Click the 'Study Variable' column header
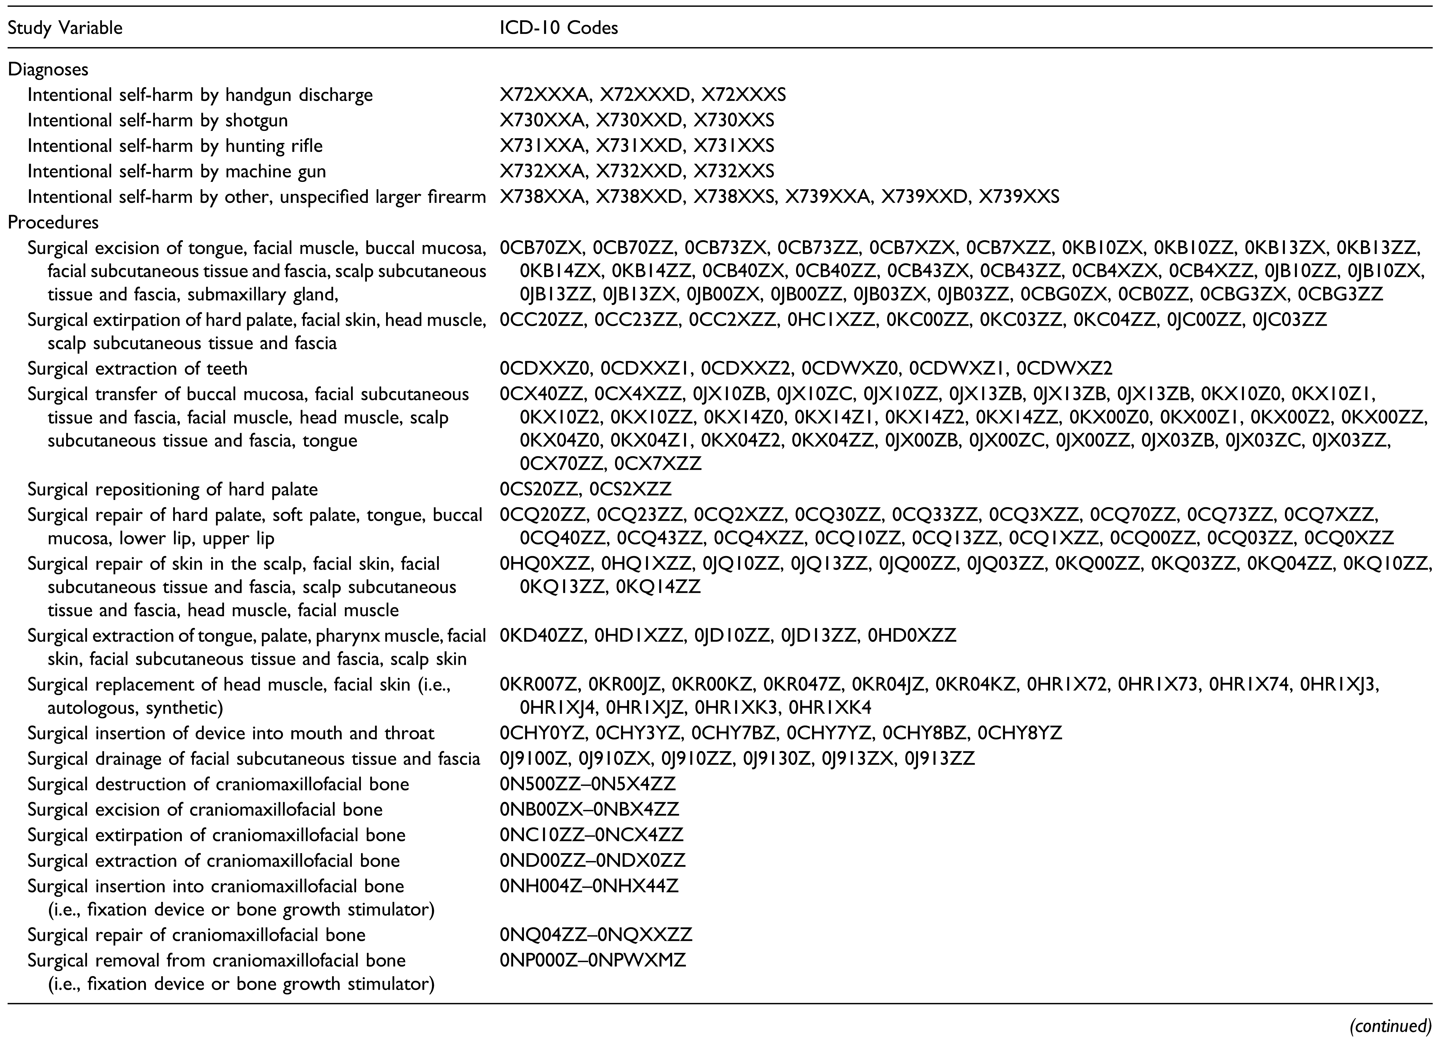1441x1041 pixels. (65, 28)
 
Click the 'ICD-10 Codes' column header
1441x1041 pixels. (558, 28)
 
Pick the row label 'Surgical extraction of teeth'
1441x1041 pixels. (137, 369)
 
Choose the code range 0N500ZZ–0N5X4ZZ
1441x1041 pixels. (588, 784)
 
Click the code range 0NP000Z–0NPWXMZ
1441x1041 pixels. (593, 960)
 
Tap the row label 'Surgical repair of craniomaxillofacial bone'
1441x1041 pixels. (196, 935)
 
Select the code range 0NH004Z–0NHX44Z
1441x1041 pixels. (589, 886)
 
